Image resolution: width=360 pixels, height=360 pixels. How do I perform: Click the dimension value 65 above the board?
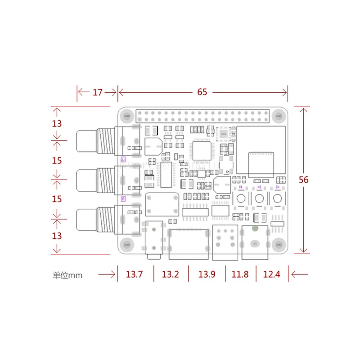(x=202, y=92)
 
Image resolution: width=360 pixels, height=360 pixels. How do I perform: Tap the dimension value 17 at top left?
(x=98, y=92)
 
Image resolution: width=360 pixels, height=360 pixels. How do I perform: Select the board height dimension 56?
(x=304, y=179)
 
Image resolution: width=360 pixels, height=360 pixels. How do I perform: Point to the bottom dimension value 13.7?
(x=135, y=274)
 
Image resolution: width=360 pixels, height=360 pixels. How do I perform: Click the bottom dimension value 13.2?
(x=171, y=274)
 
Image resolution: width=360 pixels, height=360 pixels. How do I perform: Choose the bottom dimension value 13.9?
(x=207, y=274)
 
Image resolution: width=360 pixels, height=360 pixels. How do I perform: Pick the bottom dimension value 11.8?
(x=240, y=274)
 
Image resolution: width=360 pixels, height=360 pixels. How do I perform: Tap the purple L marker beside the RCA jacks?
(x=123, y=159)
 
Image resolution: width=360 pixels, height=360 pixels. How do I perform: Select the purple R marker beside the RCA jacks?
(x=123, y=199)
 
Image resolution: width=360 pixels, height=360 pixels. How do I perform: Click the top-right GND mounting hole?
(x=278, y=116)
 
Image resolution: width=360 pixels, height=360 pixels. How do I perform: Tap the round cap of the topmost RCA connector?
(x=84, y=140)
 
